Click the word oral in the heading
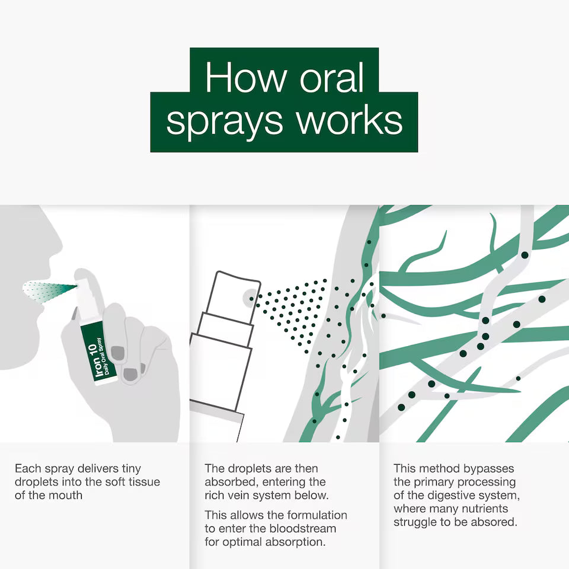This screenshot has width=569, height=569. pyautogui.click(x=331, y=78)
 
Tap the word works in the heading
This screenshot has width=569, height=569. pyautogui.click(x=349, y=120)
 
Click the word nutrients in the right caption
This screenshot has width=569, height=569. pyautogui.click(x=487, y=509)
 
